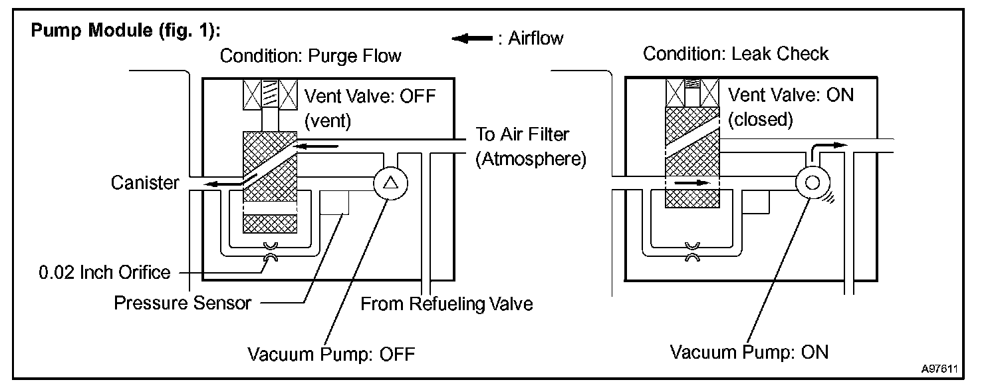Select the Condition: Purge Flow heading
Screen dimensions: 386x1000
click(x=311, y=55)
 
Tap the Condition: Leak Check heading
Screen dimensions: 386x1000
click(x=735, y=53)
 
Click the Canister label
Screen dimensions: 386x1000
click(x=145, y=182)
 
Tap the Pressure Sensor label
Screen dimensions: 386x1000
click(x=183, y=303)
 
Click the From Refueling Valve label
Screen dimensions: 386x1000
click(x=447, y=304)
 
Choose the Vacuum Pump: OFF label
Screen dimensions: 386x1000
click(x=331, y=353)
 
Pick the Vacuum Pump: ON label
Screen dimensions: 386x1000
click(x=749, y=351)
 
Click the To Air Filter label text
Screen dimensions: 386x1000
click(x=523, y=134)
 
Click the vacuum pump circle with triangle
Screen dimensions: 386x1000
click(x=390, y=182)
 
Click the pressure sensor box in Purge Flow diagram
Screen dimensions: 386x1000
click(x=334, y=201)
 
